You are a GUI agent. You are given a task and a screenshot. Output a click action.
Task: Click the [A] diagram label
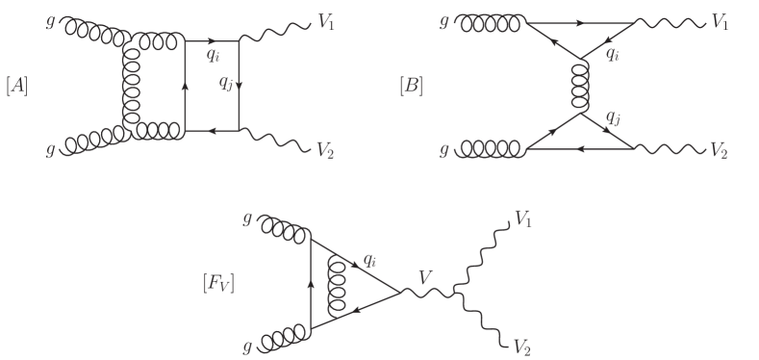pyautogui.click(x=16, y=87)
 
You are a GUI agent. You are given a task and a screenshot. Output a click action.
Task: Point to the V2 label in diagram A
pyautogui.click(x=326, y=150)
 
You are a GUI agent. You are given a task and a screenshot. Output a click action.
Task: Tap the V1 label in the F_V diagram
pyautogui.click(x=523, y=220)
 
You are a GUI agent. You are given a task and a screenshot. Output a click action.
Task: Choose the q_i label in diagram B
pyautogui.click(x=613, y=53)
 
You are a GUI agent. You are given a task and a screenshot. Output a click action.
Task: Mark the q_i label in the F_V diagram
pyautogui.click(x=370, y=260)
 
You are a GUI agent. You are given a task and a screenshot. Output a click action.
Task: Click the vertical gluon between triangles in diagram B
pyautogui.click(x=579, y=87)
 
